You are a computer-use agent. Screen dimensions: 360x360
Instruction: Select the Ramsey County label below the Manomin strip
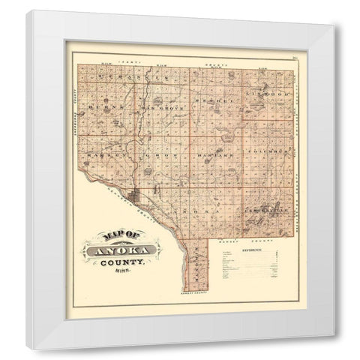[187, 298]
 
